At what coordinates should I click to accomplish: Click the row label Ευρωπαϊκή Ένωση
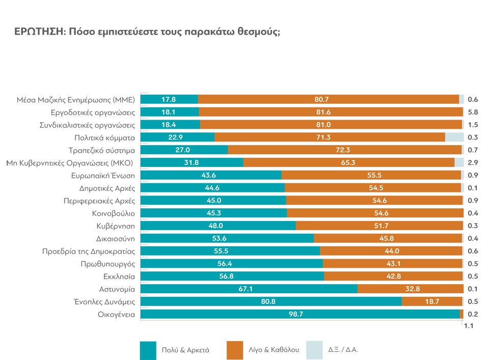[103, 175]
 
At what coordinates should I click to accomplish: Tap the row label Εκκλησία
[119, 276]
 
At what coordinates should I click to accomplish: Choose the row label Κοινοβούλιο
[113, 213]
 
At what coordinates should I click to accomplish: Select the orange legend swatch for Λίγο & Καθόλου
[235, 350]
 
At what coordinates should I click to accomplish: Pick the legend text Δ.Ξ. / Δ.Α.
[343, 350]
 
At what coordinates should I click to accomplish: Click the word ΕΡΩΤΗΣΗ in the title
[39, 32]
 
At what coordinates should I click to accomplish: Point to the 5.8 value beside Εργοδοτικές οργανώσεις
[473, 112]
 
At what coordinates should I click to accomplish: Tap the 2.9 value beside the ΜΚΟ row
[473, 162]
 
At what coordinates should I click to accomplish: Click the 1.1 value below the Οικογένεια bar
[469, 327]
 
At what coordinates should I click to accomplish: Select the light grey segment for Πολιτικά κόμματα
[454, 137]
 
